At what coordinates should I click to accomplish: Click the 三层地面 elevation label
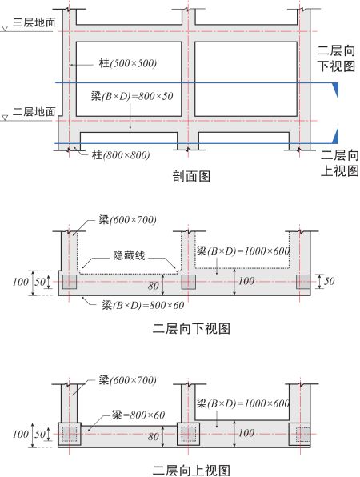pyautogui.click(x=34, y=22)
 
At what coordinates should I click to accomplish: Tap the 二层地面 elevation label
pyautogui.click(x=34, y=111)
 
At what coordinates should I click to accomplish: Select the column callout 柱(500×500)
pyautogui.click(x=128, y=63)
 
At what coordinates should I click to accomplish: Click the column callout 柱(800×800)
pyautogui.click(x=121, y=155)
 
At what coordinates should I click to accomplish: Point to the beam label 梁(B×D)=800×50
pyautogui.click(x=132, y=96)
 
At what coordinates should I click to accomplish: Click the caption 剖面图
pyautogui.click(x=191, y=176)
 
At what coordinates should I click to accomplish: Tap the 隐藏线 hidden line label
pyautogui.click(x=130, y=255)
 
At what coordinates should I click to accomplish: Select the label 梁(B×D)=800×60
pyautogui.click(x=143, y=305)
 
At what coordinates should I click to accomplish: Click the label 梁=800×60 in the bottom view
pyautogui.click(x=138, y=415)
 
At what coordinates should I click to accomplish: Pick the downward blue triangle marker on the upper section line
pyautogui.click(x=335, y=90)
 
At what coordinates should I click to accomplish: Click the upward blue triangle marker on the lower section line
pyautogui.click(x=335, y=135)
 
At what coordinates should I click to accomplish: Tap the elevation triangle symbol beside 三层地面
pyautogui.click(x=5, y=29)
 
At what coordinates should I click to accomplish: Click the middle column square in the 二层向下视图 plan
pyautogui.click(x=188, y=282)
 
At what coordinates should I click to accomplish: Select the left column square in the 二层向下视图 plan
pyautogui.click(x=70, y=282)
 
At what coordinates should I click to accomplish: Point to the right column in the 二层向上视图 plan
pyautogui.click(x=299, y=434)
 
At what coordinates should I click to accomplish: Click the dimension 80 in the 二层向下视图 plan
pyautogui.click(x=154, y=286)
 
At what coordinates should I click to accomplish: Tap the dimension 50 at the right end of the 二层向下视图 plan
pyautogui.click(x=330, y=281)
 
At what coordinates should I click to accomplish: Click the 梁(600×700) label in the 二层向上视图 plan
pyautogui.click(x=128, y=380)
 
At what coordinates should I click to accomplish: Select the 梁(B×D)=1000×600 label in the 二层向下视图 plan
pyautogui.click(x=243, y=251)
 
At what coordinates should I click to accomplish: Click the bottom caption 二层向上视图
pyautogui.click(x=191, y=470)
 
